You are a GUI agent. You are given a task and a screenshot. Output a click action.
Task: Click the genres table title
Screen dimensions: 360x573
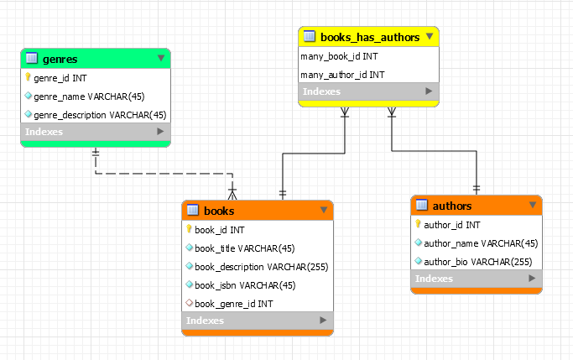point(60,59)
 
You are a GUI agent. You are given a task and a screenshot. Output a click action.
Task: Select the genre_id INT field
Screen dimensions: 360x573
point(60,78)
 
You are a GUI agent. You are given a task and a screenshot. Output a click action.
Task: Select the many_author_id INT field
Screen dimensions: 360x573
point(342,75)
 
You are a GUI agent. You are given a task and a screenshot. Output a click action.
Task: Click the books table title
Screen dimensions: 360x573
point(219,211)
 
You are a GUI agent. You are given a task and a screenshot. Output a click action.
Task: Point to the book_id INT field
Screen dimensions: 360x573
point(220,230)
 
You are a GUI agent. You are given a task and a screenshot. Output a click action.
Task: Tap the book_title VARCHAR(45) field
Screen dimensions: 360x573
point(244,248)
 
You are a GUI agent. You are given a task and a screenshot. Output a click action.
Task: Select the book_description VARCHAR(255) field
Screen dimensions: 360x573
point(261,267)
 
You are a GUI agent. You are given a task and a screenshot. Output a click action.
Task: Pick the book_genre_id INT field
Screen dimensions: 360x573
point(233,303)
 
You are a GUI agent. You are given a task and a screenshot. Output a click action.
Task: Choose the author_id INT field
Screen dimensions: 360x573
point(452,225)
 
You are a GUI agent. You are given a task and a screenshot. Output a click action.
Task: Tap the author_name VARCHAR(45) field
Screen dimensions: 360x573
point(481,243)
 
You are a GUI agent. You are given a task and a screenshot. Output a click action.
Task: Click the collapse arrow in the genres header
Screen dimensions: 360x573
point(161,59)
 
